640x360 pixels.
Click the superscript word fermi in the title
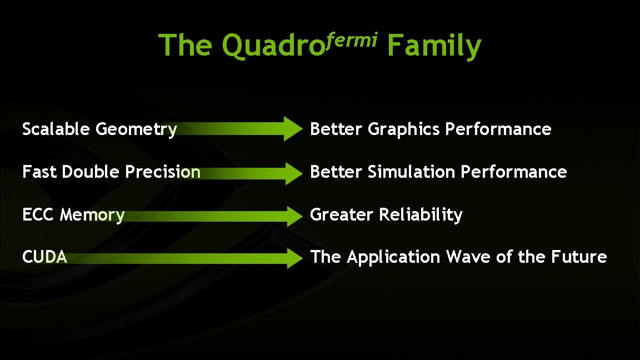point(352,39)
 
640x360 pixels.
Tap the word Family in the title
point(434,46)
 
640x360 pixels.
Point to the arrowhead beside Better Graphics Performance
point(292,129)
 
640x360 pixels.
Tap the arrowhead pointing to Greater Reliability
point(292,215)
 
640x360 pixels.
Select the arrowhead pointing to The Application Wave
point(292,258)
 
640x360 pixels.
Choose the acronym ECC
point(39,215)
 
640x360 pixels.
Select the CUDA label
point(44,257)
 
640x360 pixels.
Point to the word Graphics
point(404,130)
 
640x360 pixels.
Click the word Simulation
point(412,172)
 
